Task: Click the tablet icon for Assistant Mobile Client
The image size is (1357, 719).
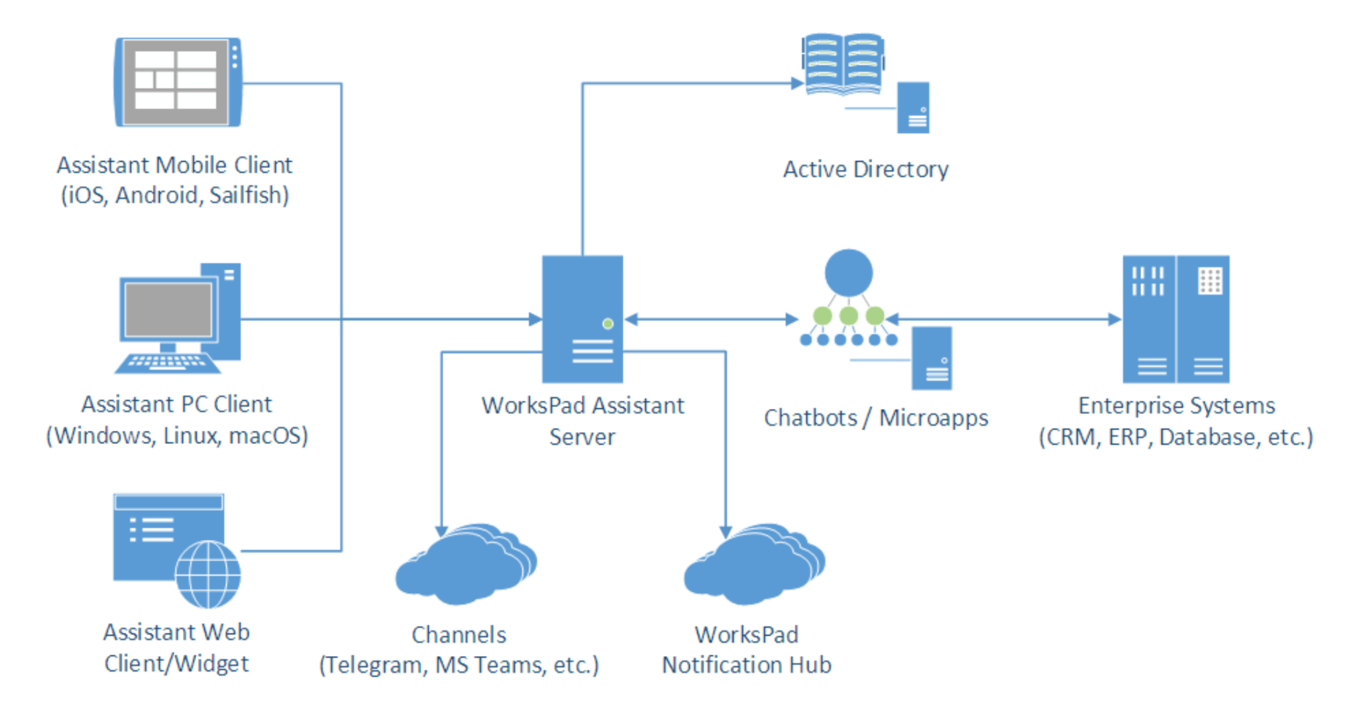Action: point(178,82)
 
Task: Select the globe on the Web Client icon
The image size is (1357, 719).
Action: point(208,574)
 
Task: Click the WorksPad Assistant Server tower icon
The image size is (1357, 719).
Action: point(582,319)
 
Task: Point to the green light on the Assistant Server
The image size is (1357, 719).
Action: point(608,323)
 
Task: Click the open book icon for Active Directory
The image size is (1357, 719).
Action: point(843,64)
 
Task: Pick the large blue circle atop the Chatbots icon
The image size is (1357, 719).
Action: point(848,272)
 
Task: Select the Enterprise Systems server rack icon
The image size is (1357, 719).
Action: point(1175,319)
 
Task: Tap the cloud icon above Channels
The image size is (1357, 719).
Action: point(465,565)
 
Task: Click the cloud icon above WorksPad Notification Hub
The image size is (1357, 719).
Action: point(754,565)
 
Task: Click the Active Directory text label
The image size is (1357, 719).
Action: point(865,170)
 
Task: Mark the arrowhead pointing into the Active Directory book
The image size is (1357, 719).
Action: point(797,83)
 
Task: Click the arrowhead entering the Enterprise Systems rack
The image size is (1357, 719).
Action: point(1114,319)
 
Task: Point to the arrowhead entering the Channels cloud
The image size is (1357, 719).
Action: point(441,531)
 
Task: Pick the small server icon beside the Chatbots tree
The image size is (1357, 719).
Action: point(932,358)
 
